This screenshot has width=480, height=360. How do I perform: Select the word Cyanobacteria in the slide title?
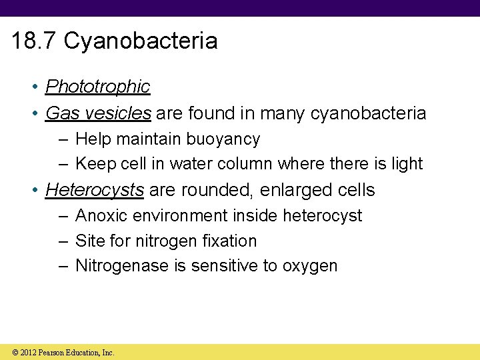coord(141,41)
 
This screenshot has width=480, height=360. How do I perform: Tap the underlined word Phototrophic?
coord(97,87)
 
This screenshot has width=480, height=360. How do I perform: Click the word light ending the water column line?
coord(407,163)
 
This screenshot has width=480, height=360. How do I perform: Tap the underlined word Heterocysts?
coord(94,190)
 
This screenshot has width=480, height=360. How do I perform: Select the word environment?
coord(175,216)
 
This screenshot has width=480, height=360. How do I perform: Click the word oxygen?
coord(310,266)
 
